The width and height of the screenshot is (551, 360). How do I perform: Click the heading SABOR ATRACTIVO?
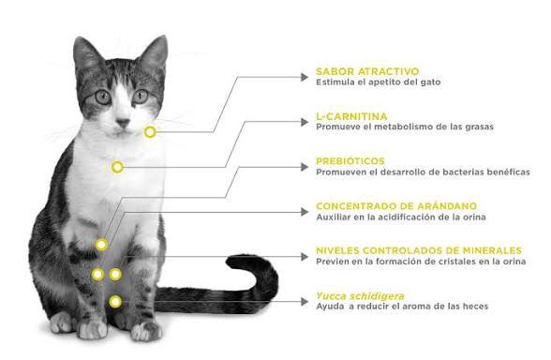tap(367, 71)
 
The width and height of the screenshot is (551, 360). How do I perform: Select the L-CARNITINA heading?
tap(351, 116)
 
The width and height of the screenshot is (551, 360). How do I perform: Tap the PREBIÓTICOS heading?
tap(350, 161)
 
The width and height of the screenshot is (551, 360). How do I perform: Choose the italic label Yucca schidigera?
tap(360, 295)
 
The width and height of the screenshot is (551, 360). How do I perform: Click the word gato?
tap(430, 82)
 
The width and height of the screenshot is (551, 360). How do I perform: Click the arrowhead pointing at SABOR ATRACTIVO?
tap(305, 77)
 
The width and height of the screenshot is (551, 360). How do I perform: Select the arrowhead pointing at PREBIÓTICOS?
tap(305, 167)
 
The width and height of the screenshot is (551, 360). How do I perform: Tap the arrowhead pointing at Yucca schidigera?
tap(305, 302)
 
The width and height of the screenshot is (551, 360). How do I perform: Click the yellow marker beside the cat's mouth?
tap(150, 132)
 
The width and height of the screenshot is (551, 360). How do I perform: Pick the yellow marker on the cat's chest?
tap(117, 167)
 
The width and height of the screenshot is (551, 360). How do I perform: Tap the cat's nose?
tap(123, 123)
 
